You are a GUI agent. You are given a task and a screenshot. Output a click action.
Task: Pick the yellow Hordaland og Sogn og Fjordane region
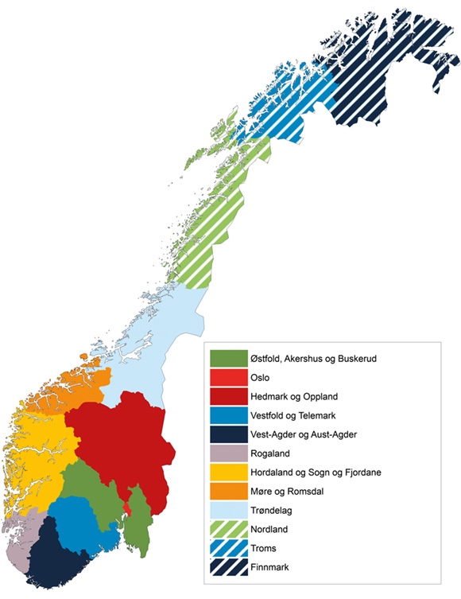36,453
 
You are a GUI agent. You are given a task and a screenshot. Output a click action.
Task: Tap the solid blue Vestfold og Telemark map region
79,521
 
